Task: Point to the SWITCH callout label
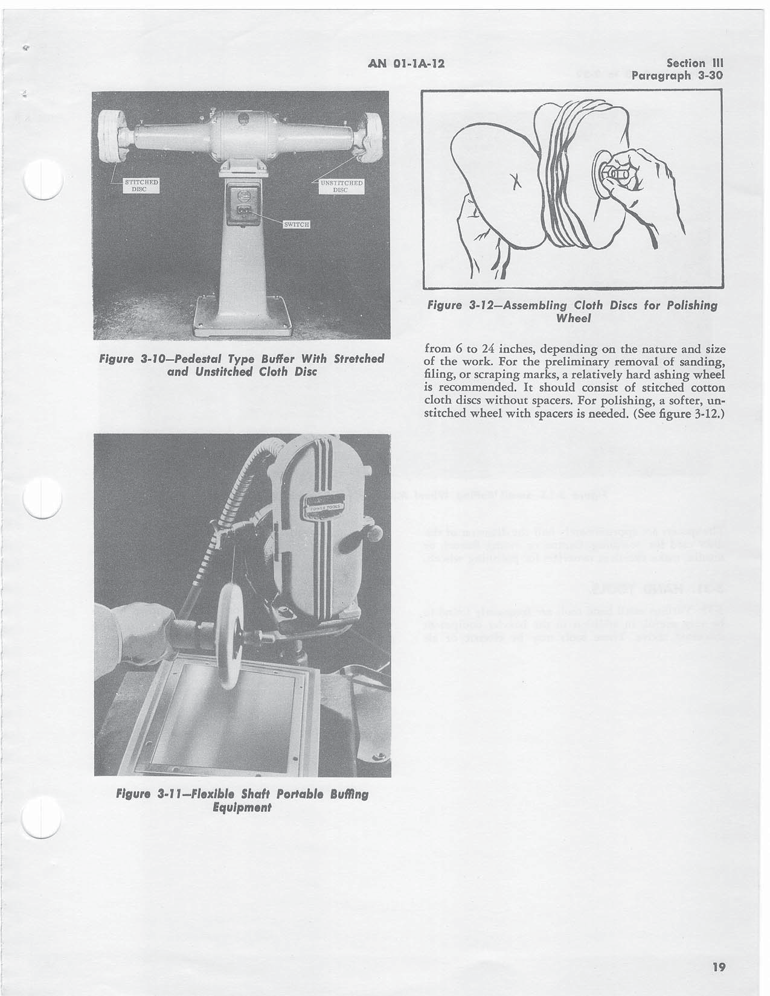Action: click(x=297, y=225)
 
